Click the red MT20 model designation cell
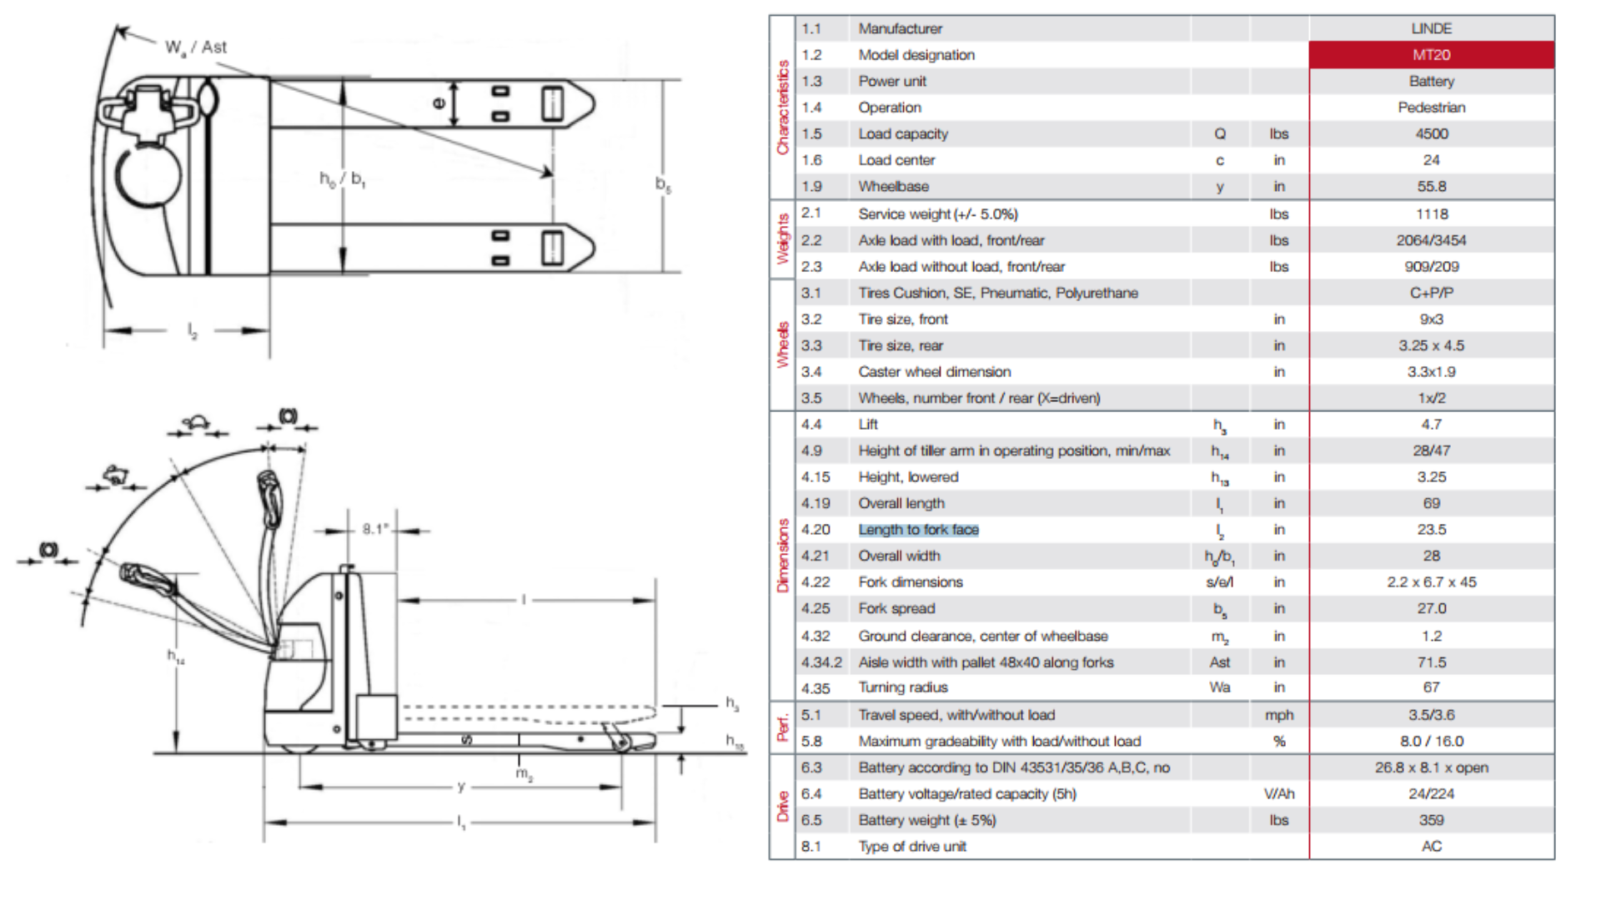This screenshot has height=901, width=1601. pyautogui.click(x=1431, y=55)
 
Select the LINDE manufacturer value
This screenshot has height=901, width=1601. pyautogui.click(x=1431, y=28)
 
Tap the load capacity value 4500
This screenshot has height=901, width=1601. pyautogui.click(x=1431, y=133)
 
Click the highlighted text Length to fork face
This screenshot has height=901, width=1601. pyautogui.click(x=918, y=530)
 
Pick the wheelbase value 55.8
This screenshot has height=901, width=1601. pyautogui.click(x=1431, y=186)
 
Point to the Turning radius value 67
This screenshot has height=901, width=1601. pyautogui.click(x=1431, y=687)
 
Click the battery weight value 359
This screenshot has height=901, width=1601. pyautogui.click(x=1431, y=820)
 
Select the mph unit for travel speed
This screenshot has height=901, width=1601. pyautogui.click(x=1278, y=715)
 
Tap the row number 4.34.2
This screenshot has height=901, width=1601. pyautogui.click(x=821, y=662)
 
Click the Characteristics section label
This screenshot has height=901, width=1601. pyautogui.click(x=782, y=107)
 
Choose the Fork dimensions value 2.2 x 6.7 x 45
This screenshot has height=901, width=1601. pyautogui.click(x=1431, y=582)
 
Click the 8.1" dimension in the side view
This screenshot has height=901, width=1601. pyautogui.click(x=375, y=529)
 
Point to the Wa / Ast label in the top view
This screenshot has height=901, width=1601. pyautogui.click(x=196, y=48)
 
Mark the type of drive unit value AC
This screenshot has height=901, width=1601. pyautogui.click(x=1431, y=846)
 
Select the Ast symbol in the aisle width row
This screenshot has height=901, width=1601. pyautogui.click(x=1219, y=662)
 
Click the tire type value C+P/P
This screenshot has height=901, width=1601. pyautogui.click(x=1431, y=293)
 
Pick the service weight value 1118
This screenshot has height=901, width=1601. pyautogui.click(x=1431, y=214)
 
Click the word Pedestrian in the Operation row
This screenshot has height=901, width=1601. pyautogui.click(x=1431, y=108)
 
